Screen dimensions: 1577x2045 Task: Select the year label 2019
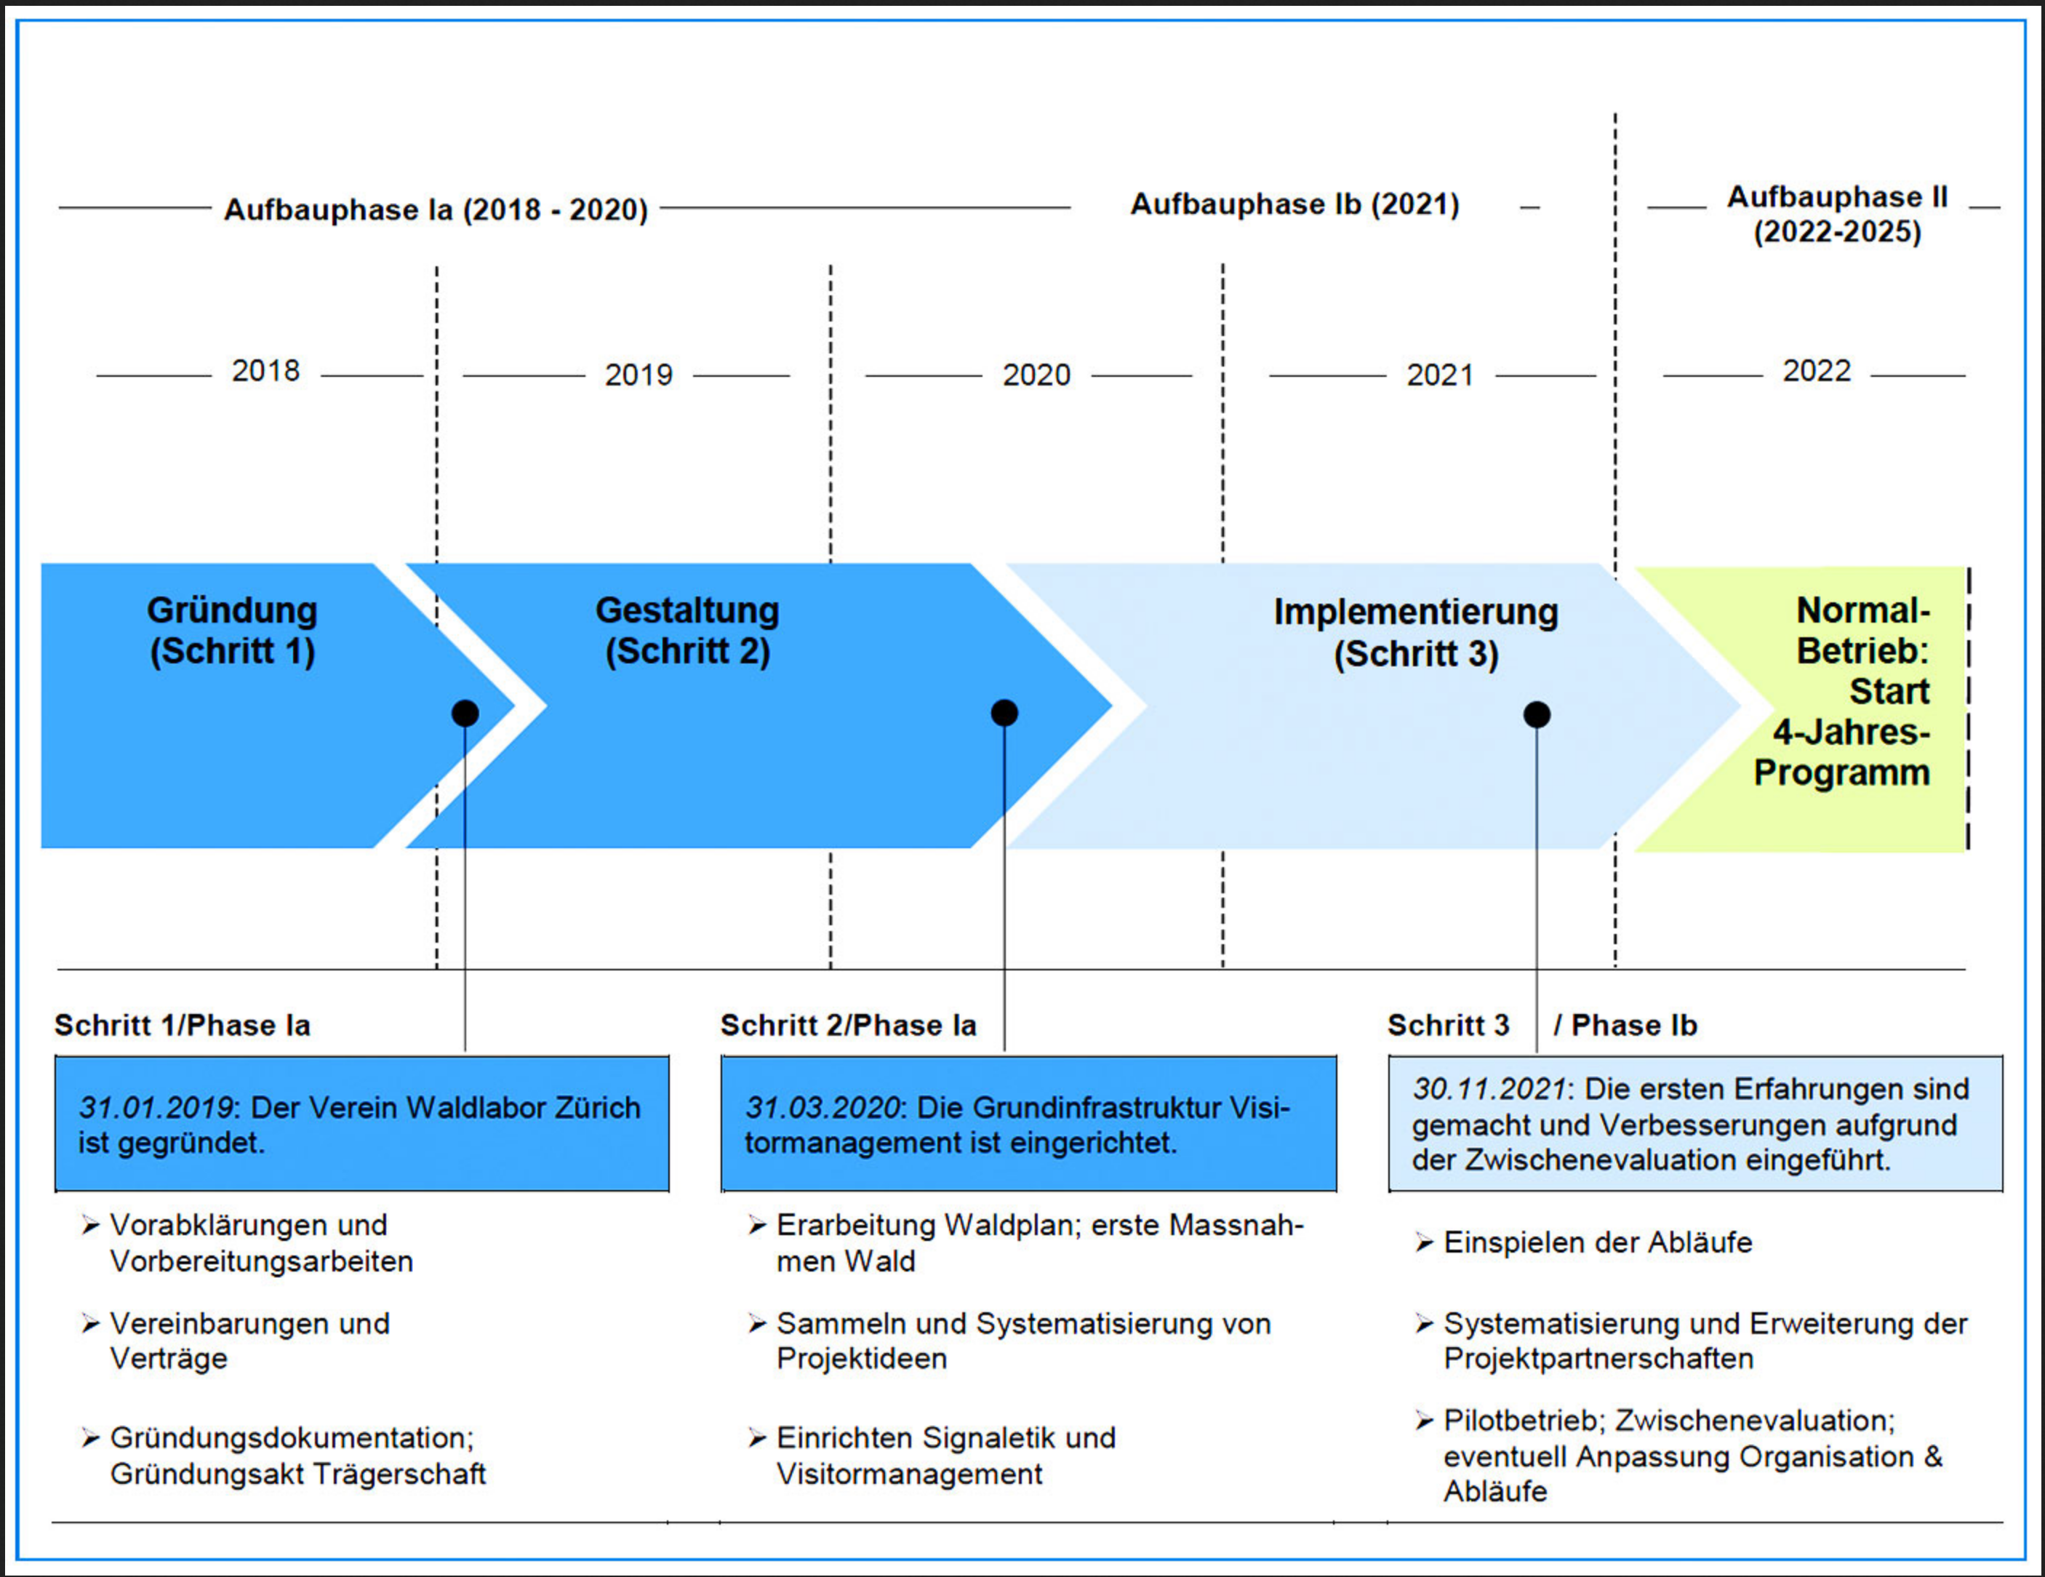639,375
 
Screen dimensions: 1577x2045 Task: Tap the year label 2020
1036,375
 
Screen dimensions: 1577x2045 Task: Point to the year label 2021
1439,375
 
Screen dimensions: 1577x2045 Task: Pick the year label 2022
1817,371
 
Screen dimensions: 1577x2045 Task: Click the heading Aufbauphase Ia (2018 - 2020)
436,209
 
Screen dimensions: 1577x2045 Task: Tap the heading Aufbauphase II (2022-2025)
1837,215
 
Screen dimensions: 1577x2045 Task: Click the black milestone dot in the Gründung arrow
465,714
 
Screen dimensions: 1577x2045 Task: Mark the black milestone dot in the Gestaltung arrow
1004,714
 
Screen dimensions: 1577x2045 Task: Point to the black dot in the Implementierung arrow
1537,714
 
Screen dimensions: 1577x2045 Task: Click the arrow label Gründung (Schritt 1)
232,630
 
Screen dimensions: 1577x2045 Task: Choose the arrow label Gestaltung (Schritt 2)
687,630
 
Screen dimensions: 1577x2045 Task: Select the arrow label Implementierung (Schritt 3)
1416,633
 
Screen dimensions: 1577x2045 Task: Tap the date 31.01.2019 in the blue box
156,1108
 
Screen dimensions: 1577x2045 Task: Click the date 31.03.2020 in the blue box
822,1108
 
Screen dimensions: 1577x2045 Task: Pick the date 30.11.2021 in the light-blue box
1489,1089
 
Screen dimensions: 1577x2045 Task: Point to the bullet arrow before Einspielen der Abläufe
1424,1242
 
